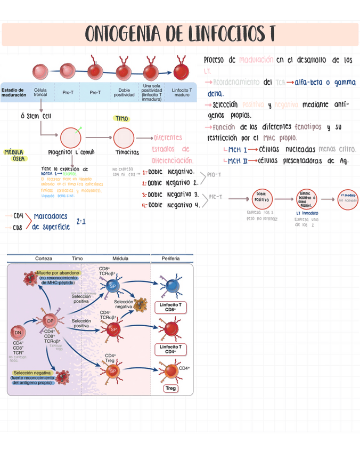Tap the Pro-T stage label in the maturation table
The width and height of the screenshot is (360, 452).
pyautogui.click(x=68, y=93)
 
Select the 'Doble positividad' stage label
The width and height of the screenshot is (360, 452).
pyautogui.click(x=124, y=93)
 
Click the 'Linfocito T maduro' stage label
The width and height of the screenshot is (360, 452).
pyautogui.click(x=182, y=93)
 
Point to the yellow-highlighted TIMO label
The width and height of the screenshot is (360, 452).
pyautogui.click(x=121, y=118)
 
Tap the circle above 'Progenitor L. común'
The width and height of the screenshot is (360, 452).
pyautogui.click(x=70, y=138)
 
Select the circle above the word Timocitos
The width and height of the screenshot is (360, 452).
pyautogui.click(x=124, y=138)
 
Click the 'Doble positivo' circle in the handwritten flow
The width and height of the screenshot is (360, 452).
pyautogui.click(x=261, y=199)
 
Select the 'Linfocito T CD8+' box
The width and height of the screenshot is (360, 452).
pyautogui.click(x=170, y=306)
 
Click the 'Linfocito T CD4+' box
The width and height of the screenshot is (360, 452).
pyautogui.click(x=170, y=349)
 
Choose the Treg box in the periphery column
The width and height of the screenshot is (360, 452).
pyautogui.click(x=170, y=388)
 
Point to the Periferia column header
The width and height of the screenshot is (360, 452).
pyautogui.click(x=170, y=259)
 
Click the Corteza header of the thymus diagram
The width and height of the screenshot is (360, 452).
pyautogui.click(x=44, y=259)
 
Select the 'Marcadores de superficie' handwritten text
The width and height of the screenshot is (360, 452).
pyautogui.click(x=51, y=221)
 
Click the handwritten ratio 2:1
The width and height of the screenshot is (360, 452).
pyautogui.click(x=81, y=221)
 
